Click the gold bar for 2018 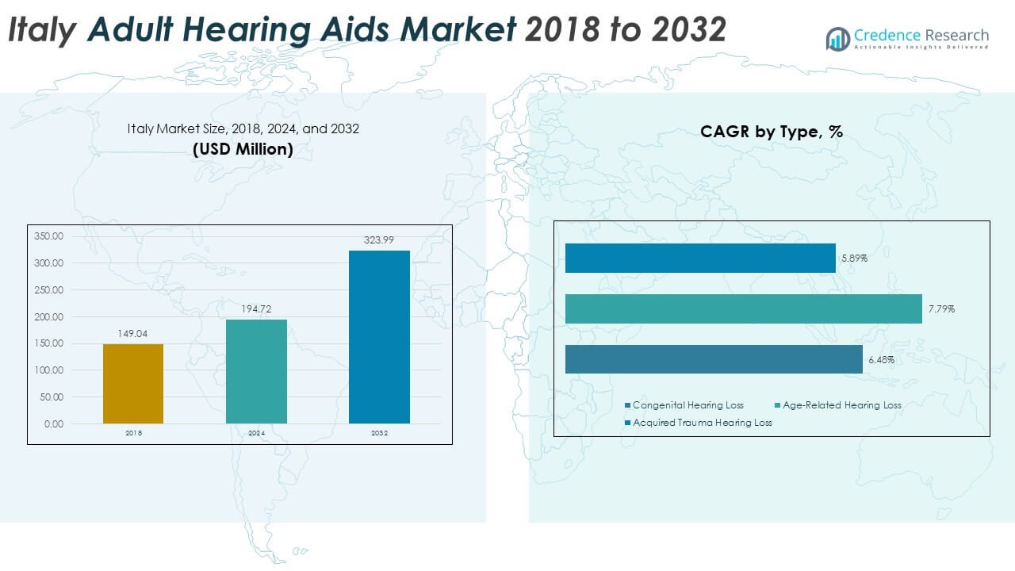pyautogui.click(x=133, y=384)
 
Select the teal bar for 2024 pyautogui.click(x=256, y=371)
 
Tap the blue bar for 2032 pyautogui.click(x=379, y=337)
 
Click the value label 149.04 pyautogui.click(x=133, y=335)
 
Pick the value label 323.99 pyautogui.click(x=379, y=241)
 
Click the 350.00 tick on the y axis pyautogui.click(x=49, y=236)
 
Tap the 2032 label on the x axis pyautogui.click(x=379, y=434)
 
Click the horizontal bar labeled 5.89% pyautogui.click(x=700, y=258)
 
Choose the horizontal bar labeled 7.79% pyautogui.click(x=743, y=308)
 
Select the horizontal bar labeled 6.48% pyautogui.click(x=714, y=359)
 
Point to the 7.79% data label pyautogui.click(x=941, y=309)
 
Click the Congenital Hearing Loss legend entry pyautogui.click(x=684, y=405)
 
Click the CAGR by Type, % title pyautogui.click(x=771, y=132)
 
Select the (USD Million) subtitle pyautogui.click(x=243, y=149)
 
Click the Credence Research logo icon pyautogui.click(x=837, y=38)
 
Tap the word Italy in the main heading pyautogui.click(x=44, y=29)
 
